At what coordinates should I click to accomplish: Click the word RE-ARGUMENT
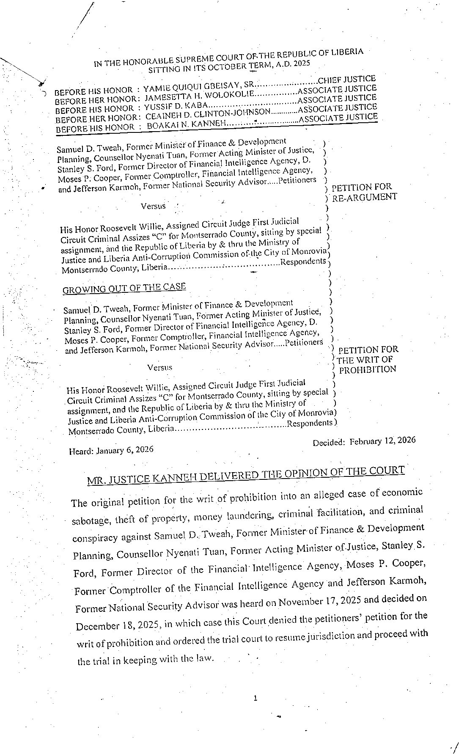coord(364,197)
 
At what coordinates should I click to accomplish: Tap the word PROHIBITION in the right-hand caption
coord(368,369)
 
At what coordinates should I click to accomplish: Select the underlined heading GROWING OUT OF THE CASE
coord(124,288)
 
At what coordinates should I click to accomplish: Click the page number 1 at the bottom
coord(255,698)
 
